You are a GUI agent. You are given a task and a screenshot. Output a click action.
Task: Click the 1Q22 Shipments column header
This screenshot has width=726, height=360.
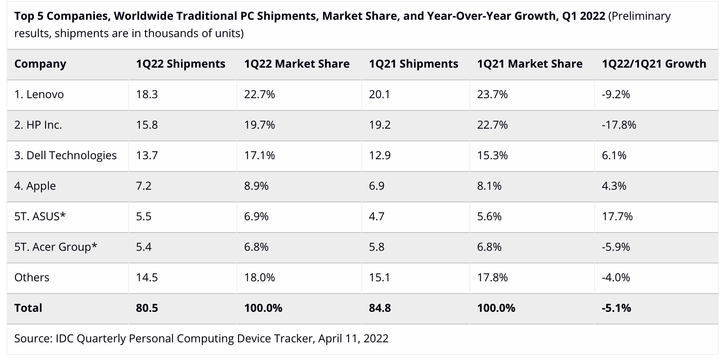(180, 64)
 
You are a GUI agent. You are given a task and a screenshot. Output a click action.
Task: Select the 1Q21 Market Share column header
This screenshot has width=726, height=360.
(529, 64)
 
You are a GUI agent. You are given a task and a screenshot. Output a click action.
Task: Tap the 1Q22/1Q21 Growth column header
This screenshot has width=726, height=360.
(654, 64)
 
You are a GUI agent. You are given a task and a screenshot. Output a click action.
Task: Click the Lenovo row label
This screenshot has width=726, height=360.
(39, 94)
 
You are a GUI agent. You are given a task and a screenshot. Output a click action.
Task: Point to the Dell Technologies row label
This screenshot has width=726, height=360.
(65, 155)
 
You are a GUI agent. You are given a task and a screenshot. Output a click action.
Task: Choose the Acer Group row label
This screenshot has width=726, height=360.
(55, 247)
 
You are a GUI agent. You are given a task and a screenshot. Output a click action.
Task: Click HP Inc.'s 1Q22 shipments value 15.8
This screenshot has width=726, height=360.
(147, 125)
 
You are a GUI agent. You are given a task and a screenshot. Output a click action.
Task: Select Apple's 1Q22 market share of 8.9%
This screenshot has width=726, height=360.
(256, 186)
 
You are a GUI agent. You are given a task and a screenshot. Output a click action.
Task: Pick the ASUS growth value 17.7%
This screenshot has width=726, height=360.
(617, 216)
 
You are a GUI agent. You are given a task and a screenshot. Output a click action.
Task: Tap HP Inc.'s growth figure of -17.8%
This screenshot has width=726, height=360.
(619, 125)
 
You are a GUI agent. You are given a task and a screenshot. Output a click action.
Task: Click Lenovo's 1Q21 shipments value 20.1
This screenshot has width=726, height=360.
(379, 94)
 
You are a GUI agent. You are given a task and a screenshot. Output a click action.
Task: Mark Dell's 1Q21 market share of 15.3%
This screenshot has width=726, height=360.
(492, 155)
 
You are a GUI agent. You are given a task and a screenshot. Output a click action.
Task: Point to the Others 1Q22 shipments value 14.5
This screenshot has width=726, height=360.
(147, 277)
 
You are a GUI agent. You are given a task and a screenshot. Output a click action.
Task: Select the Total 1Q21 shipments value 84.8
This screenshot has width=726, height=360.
(380, 308)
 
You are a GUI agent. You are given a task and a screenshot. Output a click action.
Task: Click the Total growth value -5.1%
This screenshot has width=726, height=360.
(616, 308)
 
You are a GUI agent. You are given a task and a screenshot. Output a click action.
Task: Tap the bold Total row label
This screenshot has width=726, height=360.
(28, 308)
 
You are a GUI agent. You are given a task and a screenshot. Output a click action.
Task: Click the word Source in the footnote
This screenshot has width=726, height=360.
(33, 338)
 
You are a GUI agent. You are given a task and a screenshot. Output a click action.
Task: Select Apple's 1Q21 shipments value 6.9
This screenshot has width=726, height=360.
(376, 186)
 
